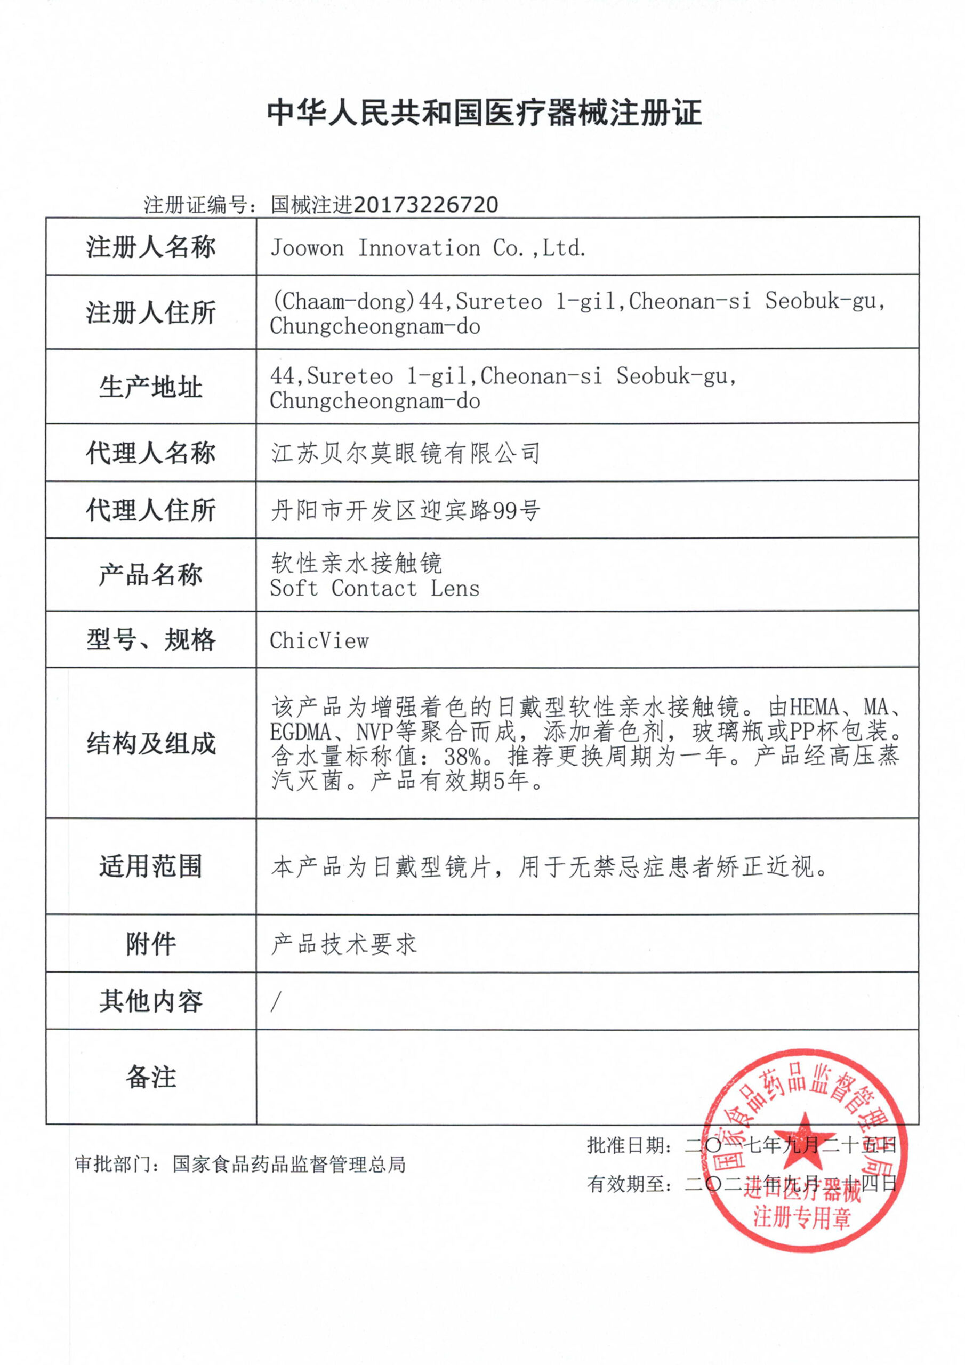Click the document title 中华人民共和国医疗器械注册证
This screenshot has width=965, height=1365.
(484, 113)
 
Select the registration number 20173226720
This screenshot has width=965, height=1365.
(425, 205)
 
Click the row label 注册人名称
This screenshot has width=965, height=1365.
(151, 247)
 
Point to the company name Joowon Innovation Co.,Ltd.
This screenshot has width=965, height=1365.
(428, 248)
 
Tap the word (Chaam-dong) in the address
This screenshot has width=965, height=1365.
(342, 301)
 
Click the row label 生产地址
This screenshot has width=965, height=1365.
(151, 387)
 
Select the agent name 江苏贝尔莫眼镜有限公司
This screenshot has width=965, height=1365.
(406, 453)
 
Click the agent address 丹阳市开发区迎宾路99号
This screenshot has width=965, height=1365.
(406, 510)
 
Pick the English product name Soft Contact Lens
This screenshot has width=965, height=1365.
(375, 589)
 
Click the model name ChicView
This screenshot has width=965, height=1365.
(319, 641)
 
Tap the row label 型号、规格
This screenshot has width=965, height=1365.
(151, 640)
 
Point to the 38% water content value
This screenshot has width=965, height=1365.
(462, 756)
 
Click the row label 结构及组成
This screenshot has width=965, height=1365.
(151, 743)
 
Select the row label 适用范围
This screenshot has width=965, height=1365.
(151, 866)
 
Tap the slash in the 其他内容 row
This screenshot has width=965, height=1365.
(275, 1002)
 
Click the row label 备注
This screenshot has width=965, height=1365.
(151, 1077)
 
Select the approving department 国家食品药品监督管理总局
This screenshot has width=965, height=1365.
(289, 1165)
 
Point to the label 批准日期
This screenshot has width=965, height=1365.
(623, 1145)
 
